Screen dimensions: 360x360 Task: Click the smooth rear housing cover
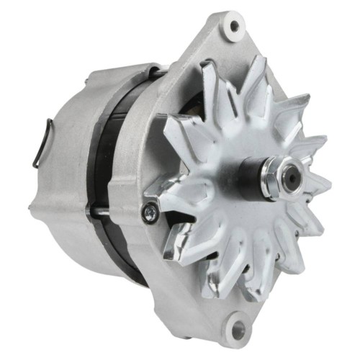point(65,180)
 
